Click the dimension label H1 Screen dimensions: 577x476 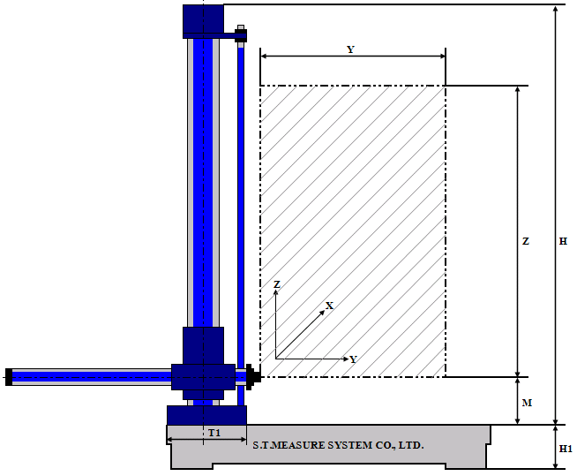coord(566,449)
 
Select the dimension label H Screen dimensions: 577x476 coord(564,241)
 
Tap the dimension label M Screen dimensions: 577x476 coord(527,403)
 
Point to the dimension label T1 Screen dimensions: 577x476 coord(214,433)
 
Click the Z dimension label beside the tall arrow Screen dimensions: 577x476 coord(526,241)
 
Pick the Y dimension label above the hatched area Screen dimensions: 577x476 coord(350,49)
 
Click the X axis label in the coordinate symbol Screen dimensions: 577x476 coord(329,306)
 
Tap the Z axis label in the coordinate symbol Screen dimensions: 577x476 coord(277,284)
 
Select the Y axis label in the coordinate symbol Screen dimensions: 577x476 coord(353,359)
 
